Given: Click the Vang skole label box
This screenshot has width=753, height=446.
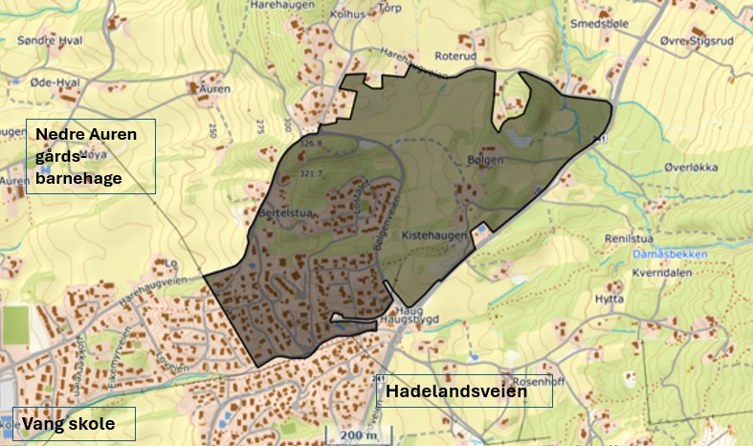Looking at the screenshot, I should [x=74, y=423].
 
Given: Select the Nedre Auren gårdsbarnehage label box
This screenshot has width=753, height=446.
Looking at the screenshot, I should [x=91, y=157].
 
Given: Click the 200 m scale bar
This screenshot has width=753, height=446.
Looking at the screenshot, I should [x=359, y=436].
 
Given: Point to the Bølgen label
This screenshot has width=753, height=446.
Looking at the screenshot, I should [x=484, y=160].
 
